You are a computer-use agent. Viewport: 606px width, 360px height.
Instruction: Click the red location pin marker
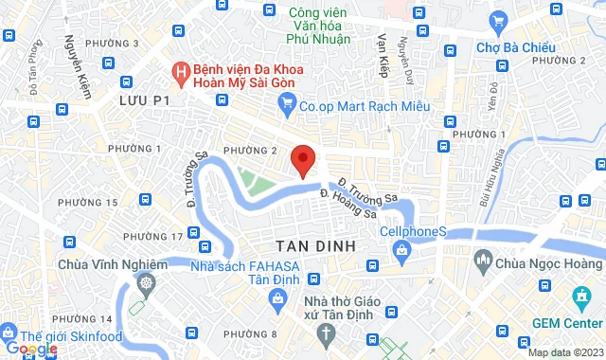pyautogui.click(x=302, y=159)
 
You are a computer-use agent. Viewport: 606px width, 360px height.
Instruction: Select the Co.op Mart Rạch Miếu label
pyautogui.click(x=360, y=108)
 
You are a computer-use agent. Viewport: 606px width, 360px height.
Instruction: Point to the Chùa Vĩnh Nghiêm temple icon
pyautogui.click(x=146, y=283)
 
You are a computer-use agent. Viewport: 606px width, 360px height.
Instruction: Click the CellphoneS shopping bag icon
pyautogui.click(x=403, y=250)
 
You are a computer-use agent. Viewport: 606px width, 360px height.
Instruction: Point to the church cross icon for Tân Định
pyautogui.click(x=326, y=333)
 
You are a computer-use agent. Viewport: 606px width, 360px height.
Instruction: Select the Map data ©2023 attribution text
pyautogui.click(x=563, y=352)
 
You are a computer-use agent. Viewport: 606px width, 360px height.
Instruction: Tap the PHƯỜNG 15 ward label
pyautogui.click(x=88, y=202)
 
